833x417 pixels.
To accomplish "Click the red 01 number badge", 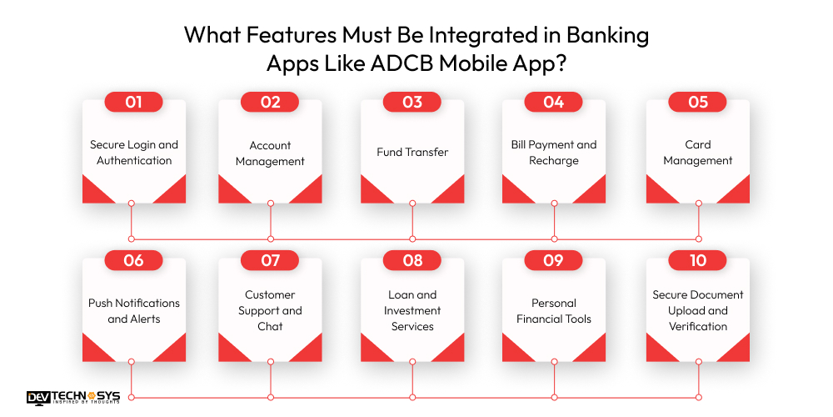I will click(133, 102).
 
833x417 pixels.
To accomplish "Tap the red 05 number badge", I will click(698, 102).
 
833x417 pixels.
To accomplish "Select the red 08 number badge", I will click(412, 260).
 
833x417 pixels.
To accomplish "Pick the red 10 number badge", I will click(698, 260).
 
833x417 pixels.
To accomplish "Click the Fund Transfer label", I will click(412, 152).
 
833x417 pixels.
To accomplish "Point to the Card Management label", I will click(698, 152).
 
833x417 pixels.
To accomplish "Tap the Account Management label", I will click(270, 152).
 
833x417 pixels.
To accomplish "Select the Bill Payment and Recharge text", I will click(554, 152).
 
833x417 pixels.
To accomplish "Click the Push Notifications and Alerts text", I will click(133, 310).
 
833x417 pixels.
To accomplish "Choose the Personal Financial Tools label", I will click(554, 310).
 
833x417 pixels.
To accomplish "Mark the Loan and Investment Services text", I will click(412, 310).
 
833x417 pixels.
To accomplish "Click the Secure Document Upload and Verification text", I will click(698, 310).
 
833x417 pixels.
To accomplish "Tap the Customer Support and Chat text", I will click(270, 310).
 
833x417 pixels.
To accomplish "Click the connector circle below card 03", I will click(412, 203).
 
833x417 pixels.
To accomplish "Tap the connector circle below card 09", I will click(554, 362).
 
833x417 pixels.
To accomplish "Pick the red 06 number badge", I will click(133, 260).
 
